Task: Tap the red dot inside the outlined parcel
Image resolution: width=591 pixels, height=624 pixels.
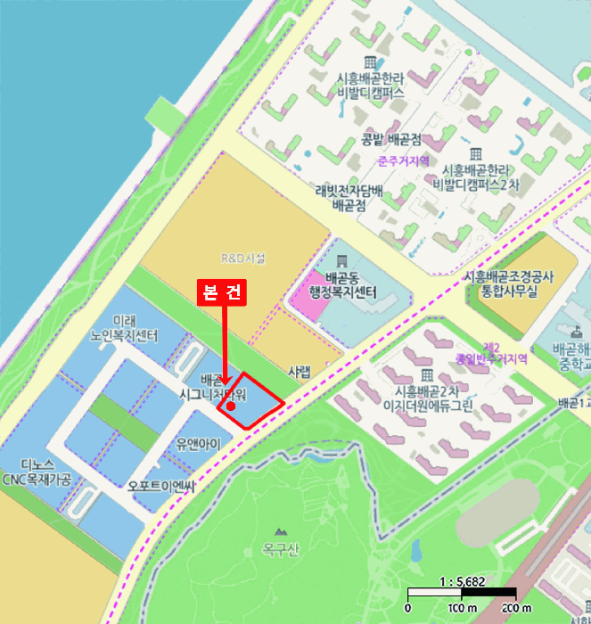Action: coord(231,406)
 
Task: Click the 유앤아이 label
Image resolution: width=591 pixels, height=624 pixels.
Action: coord(198,443)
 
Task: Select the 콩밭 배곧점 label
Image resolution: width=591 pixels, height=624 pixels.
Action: coord(391,139)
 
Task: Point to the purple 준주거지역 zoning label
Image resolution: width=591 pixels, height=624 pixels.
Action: coord(404,161)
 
